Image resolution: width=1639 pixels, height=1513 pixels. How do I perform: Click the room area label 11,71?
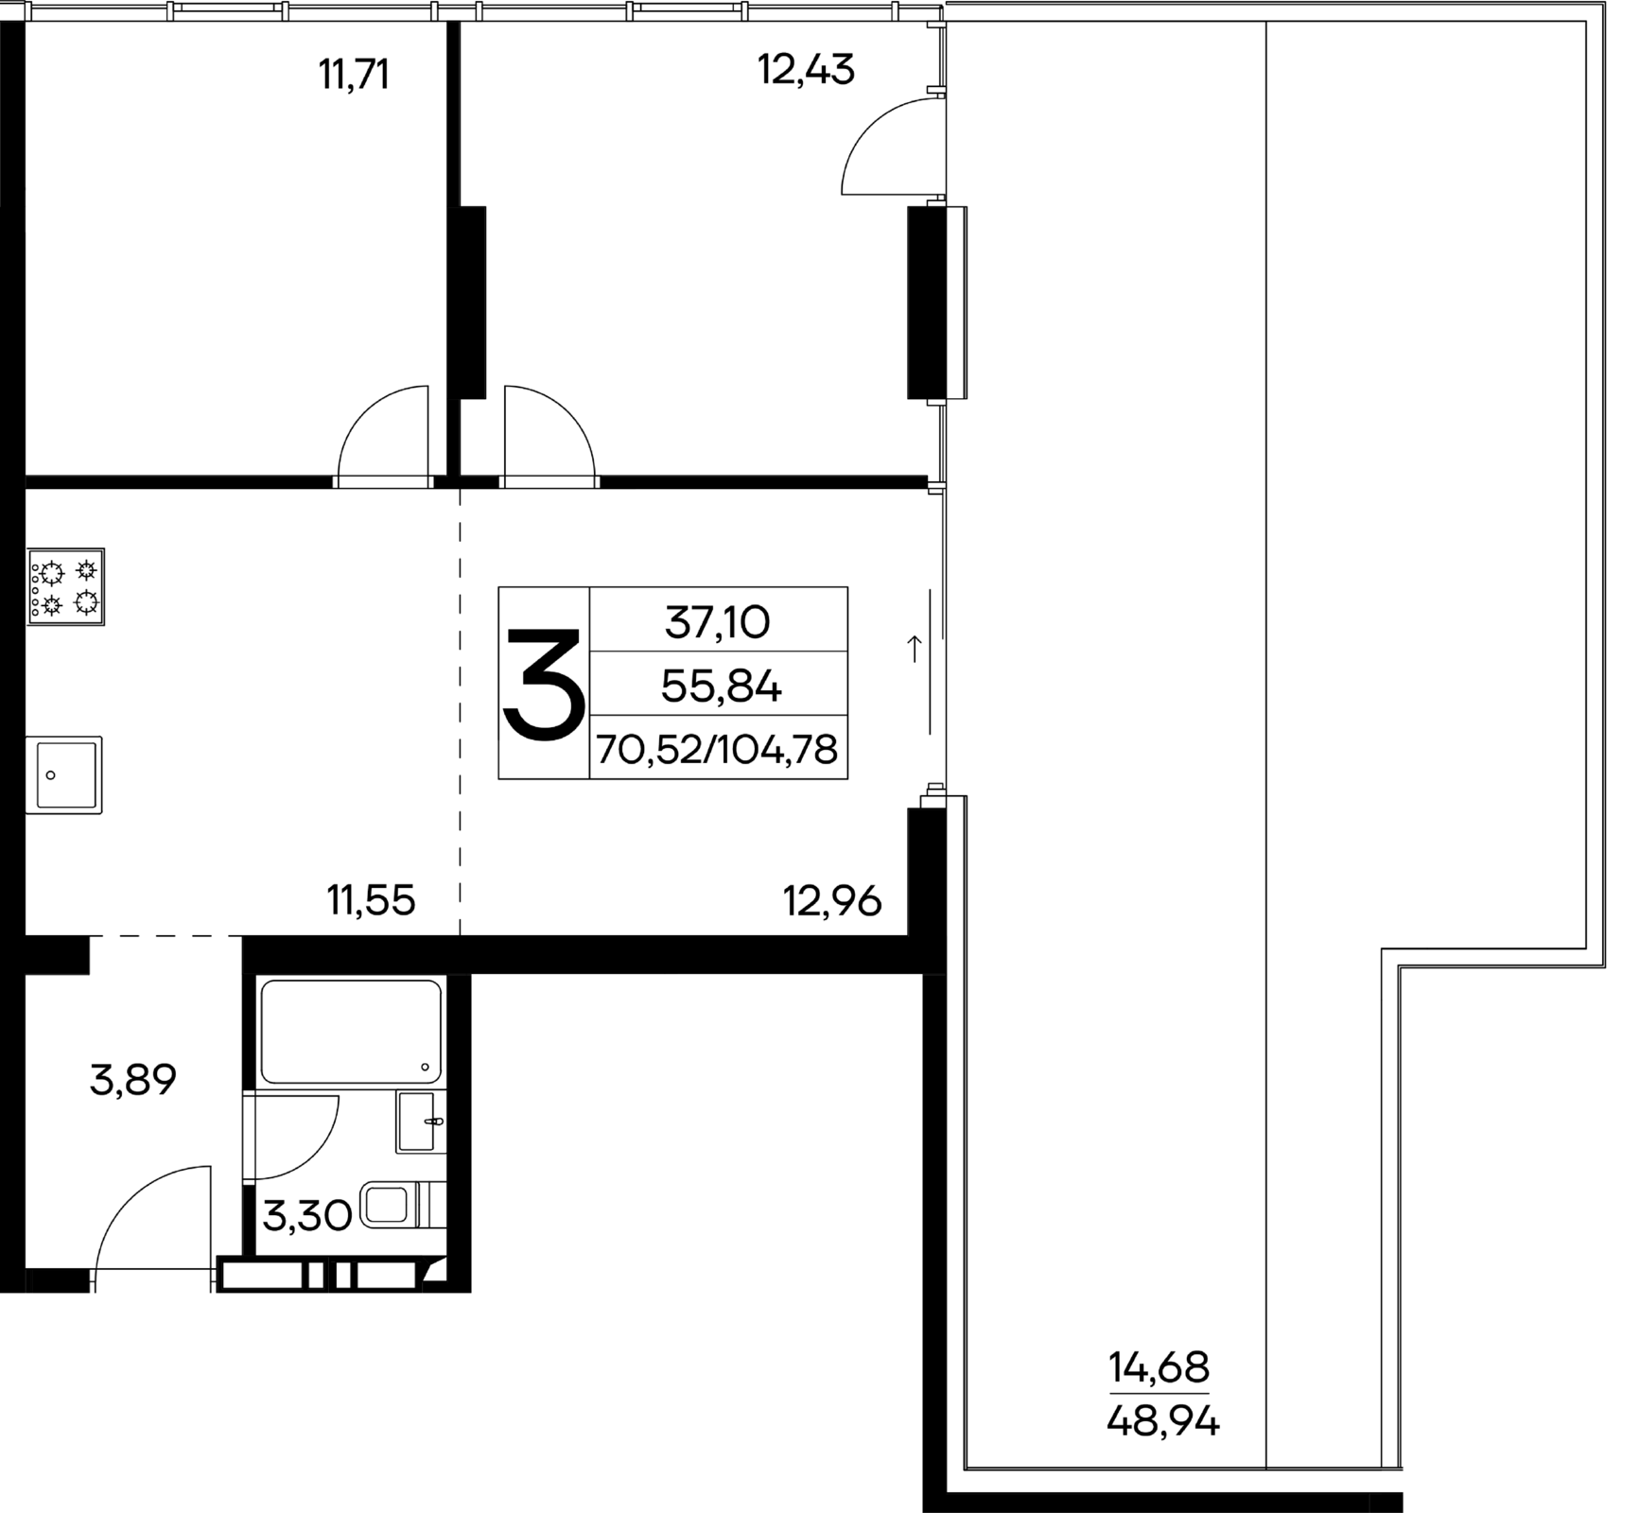pos(355,74)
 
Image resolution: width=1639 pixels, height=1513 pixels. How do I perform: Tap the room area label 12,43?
pos(807,70)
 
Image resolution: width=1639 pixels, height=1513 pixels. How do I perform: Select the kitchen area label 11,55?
pos(372,900)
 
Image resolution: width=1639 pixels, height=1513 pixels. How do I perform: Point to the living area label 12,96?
pos(832,900)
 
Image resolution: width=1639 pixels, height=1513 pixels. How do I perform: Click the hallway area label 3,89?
pos(133,1079)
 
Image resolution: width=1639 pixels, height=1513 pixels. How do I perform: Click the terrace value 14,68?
pos(1159,1366)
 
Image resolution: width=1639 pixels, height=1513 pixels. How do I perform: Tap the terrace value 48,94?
pos(1163,1420)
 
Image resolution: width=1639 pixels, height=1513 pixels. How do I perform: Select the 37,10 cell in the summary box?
pos(718,622)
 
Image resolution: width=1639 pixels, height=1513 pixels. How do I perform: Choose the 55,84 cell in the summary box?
pos(721,687)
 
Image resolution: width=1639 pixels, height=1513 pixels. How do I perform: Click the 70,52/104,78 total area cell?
pos(718,750)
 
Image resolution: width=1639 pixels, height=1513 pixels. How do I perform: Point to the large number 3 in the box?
pos(544,684)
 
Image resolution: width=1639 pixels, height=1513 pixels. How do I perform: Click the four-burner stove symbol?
pos(65,586)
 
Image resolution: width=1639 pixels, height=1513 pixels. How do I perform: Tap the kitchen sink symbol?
pos(63,774)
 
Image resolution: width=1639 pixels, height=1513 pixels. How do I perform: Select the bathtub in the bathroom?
pos(351,1032)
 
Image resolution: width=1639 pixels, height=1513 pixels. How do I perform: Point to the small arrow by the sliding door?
pos(915,649)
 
